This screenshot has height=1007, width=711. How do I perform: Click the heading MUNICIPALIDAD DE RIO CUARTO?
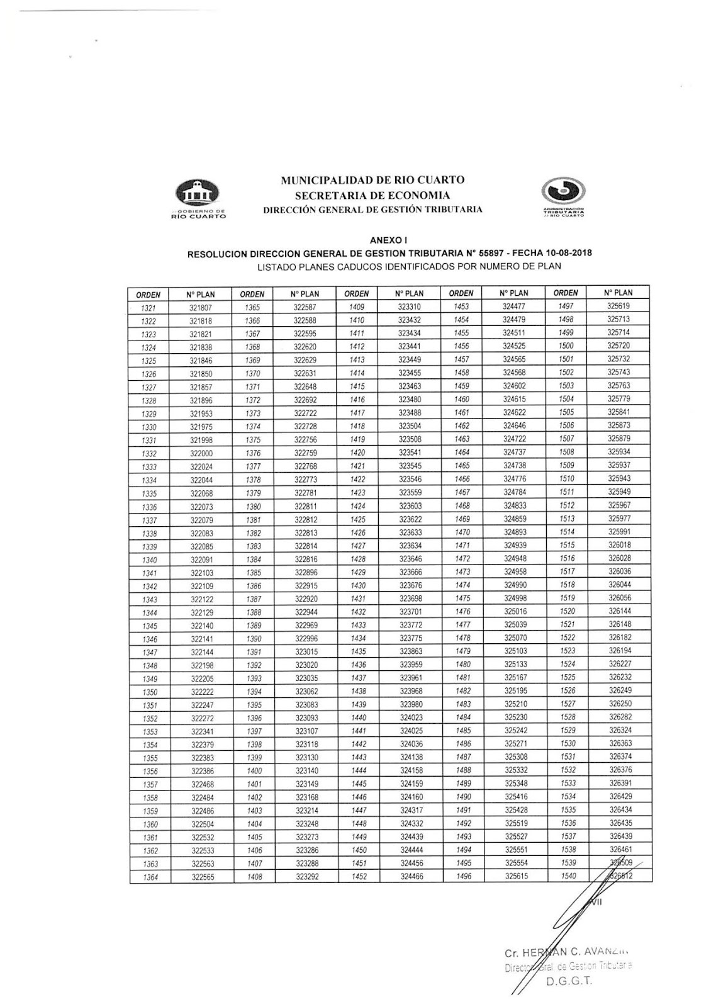(372, 181)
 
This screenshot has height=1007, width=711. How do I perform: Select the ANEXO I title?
(389, 240)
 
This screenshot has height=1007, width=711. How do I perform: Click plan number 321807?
(202, 308)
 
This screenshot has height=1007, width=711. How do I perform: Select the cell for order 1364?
(150, 877)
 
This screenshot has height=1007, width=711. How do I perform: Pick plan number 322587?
(306, 307)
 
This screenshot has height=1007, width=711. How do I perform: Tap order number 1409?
(357, 307)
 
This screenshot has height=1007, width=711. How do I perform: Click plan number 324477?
(515, 307)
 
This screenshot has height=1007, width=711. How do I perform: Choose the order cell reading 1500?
(567, 346)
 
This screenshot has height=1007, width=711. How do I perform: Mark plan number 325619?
(619, 306)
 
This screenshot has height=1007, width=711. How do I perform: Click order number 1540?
(567, 875)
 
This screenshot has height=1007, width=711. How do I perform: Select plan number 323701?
(411, 612)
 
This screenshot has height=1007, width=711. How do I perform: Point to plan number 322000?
(202, 453)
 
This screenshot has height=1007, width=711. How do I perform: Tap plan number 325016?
(515, 611)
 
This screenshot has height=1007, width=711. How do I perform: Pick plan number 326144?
(619, 611)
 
